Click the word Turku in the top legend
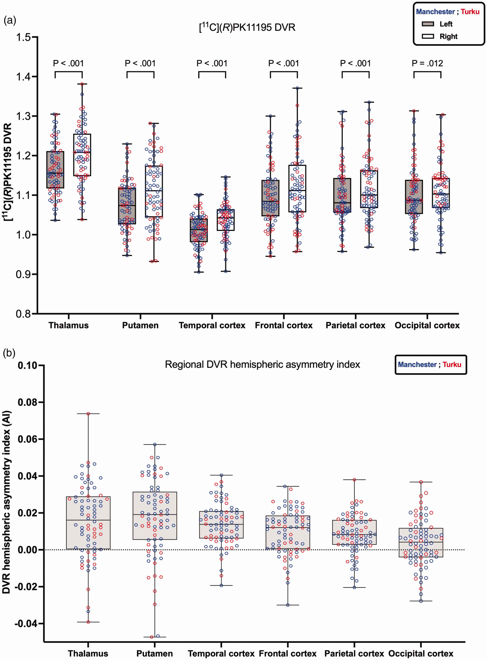click(x=470, y=12)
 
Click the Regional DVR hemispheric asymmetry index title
click(x=262, y=364)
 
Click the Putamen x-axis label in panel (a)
click(x=140, y=325)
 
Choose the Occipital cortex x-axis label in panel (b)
click(x=421, y=653)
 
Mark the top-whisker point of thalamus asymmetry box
click(x=88, y=414)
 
